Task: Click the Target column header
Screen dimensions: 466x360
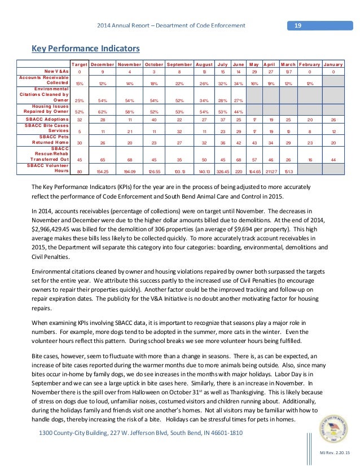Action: coord(79,64)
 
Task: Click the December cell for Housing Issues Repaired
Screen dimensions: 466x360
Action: coord(102,112)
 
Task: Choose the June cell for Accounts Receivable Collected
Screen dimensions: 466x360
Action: coord(239,83)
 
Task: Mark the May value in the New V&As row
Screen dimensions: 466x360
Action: coord(254,72)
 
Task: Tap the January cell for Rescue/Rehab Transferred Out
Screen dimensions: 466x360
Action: coord(333,159)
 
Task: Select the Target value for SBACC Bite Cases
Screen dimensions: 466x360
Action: coord(79,131)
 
